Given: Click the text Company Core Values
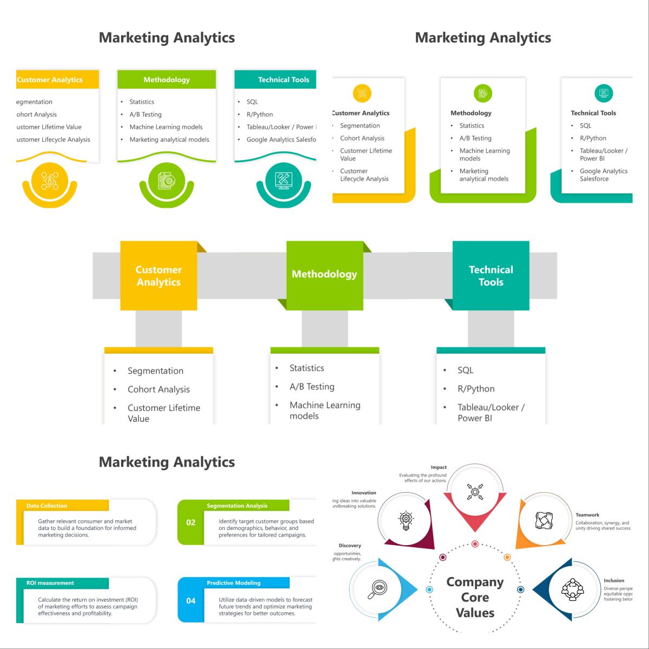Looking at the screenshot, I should click(475, 597).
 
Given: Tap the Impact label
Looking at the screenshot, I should click(439, 467).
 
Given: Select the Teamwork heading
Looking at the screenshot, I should click(587, 515).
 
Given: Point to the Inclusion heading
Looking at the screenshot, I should click(614, 580).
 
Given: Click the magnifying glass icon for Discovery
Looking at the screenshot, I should click(377, 589).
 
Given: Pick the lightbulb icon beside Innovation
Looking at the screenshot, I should click(406, 520).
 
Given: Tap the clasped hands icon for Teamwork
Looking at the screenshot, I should click(544, 520).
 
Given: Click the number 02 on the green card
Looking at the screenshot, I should click(191, 522).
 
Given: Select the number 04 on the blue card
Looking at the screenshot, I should click(191, 600).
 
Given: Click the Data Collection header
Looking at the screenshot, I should click(47, 506).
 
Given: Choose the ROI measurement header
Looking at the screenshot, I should click(50, 583).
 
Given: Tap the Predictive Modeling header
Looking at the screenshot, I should click(234, 583).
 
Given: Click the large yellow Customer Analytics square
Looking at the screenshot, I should click(158, 276).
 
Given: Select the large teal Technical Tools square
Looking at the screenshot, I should click(491, 276).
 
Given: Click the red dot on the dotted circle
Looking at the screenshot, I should click(475, 544).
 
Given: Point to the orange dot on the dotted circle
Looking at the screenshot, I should click(507, 557).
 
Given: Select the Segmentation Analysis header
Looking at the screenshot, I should click(237, 506).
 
